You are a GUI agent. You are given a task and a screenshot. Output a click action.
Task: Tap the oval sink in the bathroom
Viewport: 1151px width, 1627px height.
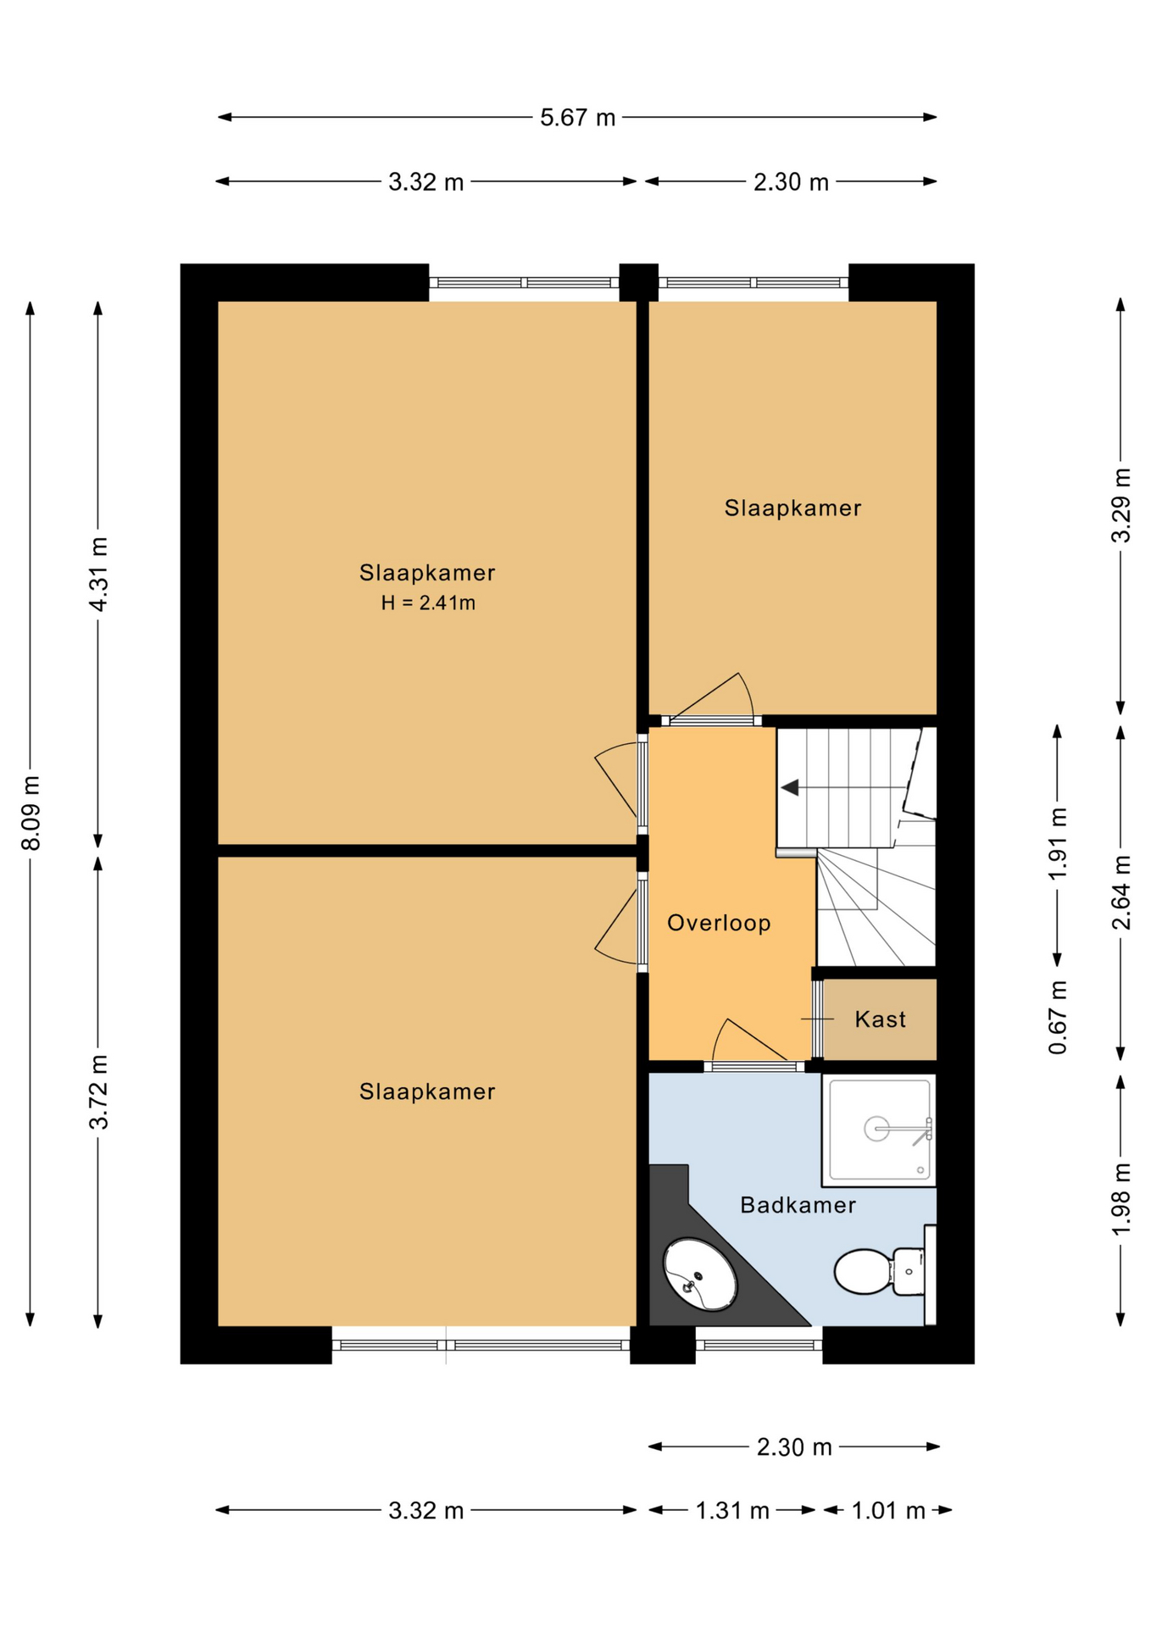(x=699, y=1274)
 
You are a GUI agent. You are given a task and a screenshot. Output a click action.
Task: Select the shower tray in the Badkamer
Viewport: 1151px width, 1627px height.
(x=879, y=1130)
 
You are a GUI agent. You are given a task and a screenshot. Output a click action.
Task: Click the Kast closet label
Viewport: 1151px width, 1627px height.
(x=880, y=1019)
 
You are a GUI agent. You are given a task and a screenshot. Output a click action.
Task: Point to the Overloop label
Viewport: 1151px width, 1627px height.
(x=719, y=923)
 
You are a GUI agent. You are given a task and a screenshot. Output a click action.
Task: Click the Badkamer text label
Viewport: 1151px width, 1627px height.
(x=798, y=1205)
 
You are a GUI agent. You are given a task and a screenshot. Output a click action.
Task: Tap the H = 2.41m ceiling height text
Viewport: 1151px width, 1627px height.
(x=428, y=603)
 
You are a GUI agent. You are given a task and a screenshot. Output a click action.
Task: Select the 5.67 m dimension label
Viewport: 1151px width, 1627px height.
(x=577, y=117)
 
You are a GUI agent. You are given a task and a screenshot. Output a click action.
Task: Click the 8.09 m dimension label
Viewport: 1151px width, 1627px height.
(x=31, y=813)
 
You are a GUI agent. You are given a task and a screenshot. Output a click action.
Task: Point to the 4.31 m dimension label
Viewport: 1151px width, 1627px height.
(x=98, y=574)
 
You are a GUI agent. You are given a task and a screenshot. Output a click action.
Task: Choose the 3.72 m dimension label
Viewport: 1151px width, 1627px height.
(x=98, y=1092)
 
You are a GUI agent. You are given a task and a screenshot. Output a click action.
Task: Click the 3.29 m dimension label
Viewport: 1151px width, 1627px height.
(x=1120, y=505)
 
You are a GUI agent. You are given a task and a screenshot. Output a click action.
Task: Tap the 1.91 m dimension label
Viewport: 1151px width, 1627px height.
(x=1057, y=844)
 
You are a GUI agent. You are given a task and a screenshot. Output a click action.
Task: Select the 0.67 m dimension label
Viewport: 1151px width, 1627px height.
(x=1057, y=1017)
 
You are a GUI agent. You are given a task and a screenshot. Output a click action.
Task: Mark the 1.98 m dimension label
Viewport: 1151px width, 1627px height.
(x=1120, y=1199)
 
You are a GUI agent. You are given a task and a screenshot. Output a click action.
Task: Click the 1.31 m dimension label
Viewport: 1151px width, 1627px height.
(x=732, y=1510)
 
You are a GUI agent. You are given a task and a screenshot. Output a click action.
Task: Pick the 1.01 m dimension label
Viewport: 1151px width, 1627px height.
(x=887, y=1510)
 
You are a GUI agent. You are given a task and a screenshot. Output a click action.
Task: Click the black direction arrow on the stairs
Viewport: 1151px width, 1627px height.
(x=790, y=788)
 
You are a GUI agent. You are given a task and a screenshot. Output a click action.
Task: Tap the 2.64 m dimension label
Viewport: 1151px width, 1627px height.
(x=1120, y=892)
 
